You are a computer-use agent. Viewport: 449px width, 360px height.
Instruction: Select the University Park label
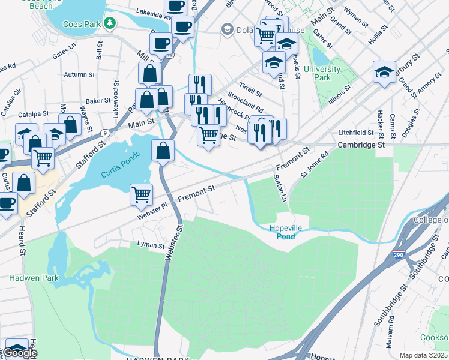coord(322,73)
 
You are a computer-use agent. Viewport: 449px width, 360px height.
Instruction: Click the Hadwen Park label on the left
coord(25,278)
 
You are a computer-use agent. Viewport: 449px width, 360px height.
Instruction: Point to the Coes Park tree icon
coord(109,23)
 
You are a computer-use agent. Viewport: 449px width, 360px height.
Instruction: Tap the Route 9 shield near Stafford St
coord(106,133)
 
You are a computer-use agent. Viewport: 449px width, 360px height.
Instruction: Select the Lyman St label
coord(151,245)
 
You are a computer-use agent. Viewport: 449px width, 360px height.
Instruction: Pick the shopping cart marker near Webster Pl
coord(141,193)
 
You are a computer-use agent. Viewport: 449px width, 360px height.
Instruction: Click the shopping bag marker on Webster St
coord(163,150)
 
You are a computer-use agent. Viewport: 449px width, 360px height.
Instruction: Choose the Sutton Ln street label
coord(279,188)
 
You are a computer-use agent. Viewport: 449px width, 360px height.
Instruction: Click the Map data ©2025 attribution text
coord(423,355)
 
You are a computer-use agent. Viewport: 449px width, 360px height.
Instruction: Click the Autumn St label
coord(76,75)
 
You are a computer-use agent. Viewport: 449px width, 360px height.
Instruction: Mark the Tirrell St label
coord(250,90)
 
